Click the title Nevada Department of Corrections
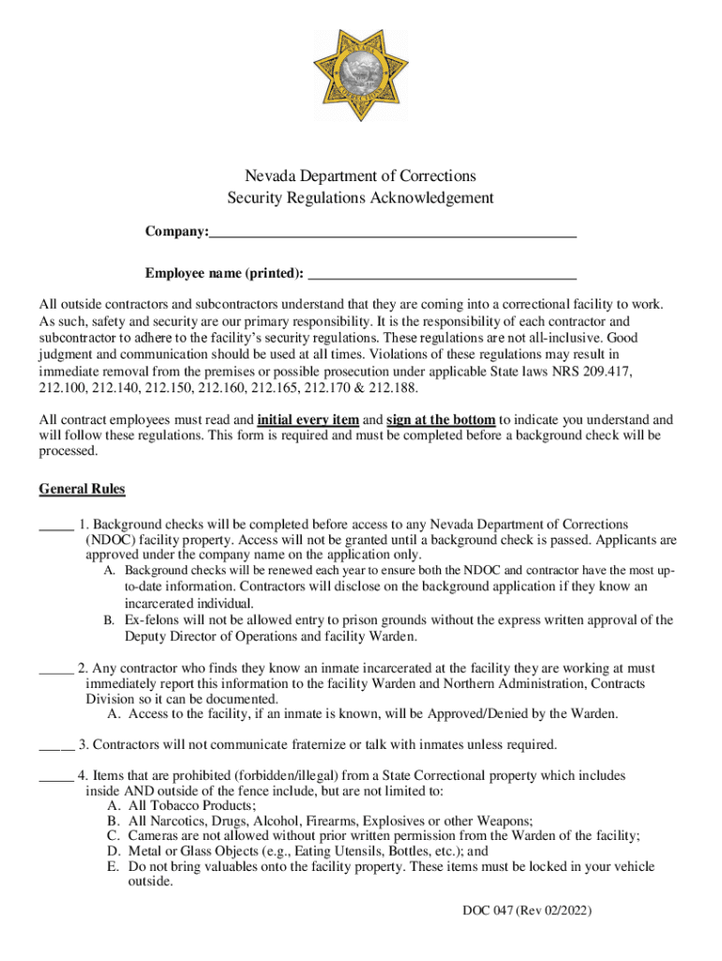pyautogui.click(x=360, y=176)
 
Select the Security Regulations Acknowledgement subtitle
pyautogui.click(x=360, y=198)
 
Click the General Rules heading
pyautogui.click(x=82, y=489)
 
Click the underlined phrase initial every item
pyautogui.click(x=308, y=419)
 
